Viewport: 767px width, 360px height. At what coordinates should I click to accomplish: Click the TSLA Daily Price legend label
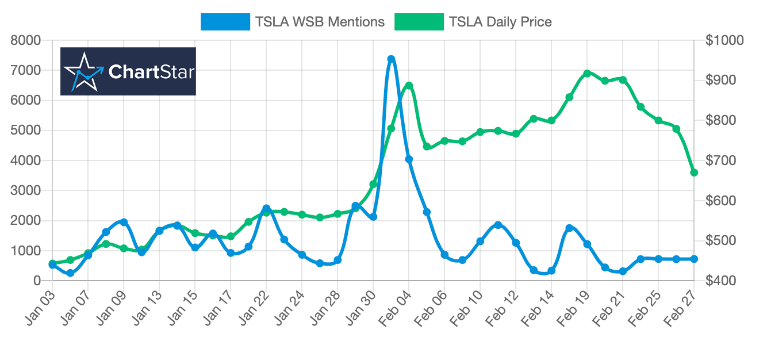coord(500,22)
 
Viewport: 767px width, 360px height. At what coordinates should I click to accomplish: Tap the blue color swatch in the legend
coord(225,22)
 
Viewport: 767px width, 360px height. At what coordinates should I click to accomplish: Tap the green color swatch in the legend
coord(419,22)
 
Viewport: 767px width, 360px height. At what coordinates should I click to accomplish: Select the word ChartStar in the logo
coord(151,72)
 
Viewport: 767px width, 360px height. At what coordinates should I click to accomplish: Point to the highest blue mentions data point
coord(391,59)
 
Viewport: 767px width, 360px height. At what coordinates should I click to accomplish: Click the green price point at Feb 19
coord(587,74)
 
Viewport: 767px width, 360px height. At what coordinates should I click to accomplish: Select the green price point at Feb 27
coord(694,173)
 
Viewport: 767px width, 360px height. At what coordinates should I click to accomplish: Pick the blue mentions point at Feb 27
coord(694,259)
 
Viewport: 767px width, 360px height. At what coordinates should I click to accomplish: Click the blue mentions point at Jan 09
coord(124,222)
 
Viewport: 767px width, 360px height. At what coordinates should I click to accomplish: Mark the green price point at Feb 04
coord(409,86)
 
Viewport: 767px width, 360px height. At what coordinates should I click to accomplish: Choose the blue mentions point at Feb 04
coord(409,159)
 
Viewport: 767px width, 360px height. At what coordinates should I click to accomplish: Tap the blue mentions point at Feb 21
coord(623,271)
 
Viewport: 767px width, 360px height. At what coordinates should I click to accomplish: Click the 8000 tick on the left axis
coord(26,40)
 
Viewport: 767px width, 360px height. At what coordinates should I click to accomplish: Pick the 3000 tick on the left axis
coord(26,190)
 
